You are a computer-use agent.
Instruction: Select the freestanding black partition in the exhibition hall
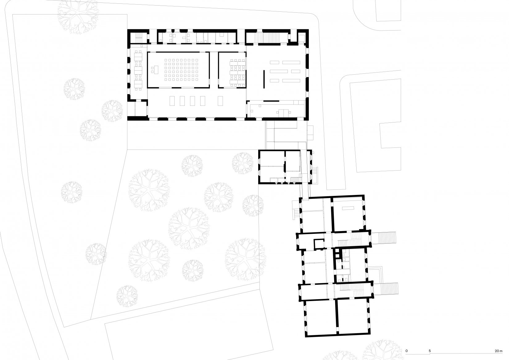coord(264,79)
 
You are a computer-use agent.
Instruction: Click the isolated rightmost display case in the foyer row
coord(220,101)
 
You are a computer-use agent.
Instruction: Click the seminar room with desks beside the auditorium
coord(232,69)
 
